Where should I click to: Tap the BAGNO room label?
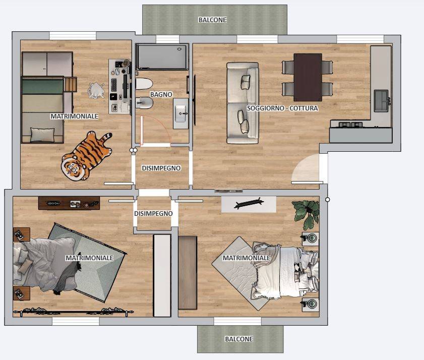(x=161, y=94)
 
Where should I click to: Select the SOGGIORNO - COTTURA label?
(x=282, y=108)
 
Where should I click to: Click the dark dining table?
(x=308, y=77)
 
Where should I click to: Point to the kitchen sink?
(x=382, y=101)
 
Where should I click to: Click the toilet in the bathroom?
(x=144, y=84)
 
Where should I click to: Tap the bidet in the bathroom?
(x=144, y=103)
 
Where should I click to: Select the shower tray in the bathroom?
(x=162, y=57)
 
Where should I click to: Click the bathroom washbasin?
(x=180, y=113)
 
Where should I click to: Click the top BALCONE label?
(x=212, y=20)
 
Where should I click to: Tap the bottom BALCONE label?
(x=239, y=339)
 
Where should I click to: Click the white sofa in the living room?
(x=243, y=103)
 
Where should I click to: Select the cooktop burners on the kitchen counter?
(x=350, y=125)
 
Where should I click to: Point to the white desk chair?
(x=96, y=90)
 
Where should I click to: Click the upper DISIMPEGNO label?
(x=161, y=168)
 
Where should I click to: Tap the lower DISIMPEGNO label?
(x=153, y=213)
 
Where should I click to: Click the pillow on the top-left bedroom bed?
(x=42, y=135)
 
